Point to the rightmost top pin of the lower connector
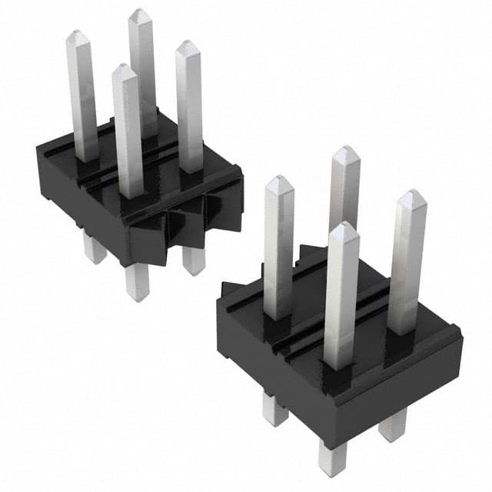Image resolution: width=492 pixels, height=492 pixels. [407, 261]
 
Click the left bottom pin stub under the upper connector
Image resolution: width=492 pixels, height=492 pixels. [94, 248]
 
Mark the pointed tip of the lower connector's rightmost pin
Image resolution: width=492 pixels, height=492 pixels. [413, 197]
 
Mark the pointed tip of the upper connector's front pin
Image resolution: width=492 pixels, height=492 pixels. [124, 71]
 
